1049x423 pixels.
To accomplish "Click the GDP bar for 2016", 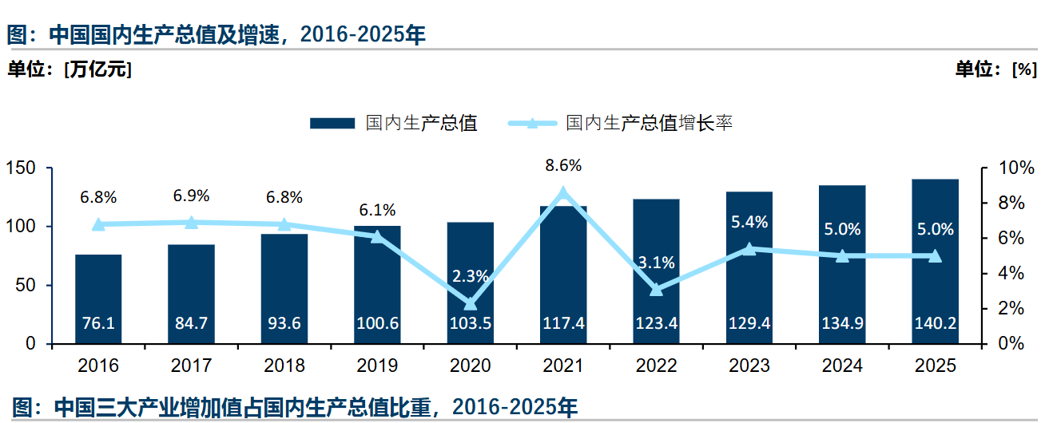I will [x=98, y=298].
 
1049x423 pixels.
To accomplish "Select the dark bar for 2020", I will [x=471, y=283].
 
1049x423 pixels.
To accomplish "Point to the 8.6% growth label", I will [x=563, y=166].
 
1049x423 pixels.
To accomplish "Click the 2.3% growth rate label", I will [x=471, y=277].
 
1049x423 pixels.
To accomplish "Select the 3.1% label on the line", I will [x=657, y=262].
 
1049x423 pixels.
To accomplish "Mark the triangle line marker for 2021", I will [x=563, y=192].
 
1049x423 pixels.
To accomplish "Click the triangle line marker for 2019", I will [x=378, y=236].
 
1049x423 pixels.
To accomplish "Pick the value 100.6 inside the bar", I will [x=378, y=324].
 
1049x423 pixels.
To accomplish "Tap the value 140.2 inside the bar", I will [x=935, y=324].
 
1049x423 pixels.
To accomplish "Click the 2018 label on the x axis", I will [x=284, y=366].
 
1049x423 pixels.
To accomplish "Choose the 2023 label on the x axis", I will [x=749, y=366].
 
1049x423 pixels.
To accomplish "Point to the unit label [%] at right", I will [x=1024, y=69].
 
